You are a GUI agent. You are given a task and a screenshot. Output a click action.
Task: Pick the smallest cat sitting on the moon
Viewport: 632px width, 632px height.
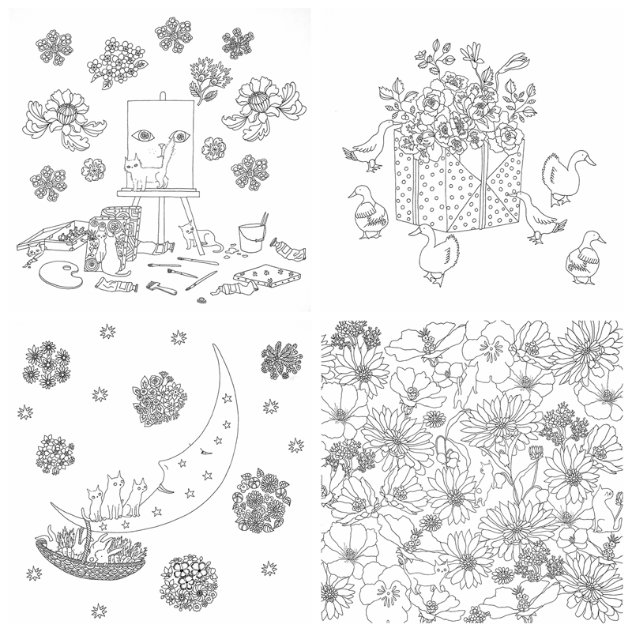96,503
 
